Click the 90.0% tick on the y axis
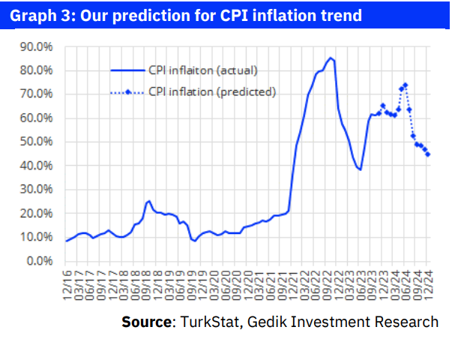37,46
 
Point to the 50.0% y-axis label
37,142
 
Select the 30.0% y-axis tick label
37,190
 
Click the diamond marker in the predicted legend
128,91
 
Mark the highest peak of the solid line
331,58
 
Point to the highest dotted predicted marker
406,85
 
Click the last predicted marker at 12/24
428,154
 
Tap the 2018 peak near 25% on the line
148,201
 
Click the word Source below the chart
146,322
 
